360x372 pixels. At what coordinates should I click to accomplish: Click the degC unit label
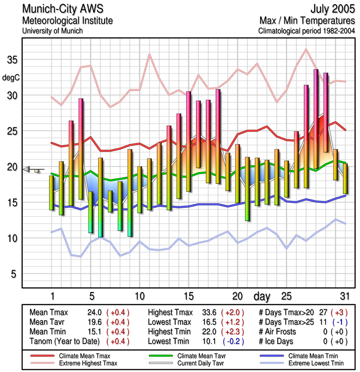coord(11,77)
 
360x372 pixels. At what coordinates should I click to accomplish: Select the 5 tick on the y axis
coord(14,274)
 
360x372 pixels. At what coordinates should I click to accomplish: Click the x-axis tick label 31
coord(344,296)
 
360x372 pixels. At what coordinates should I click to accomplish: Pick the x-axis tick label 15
coord(189,296)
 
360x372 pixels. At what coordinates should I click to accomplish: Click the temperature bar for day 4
coord(81,149)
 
